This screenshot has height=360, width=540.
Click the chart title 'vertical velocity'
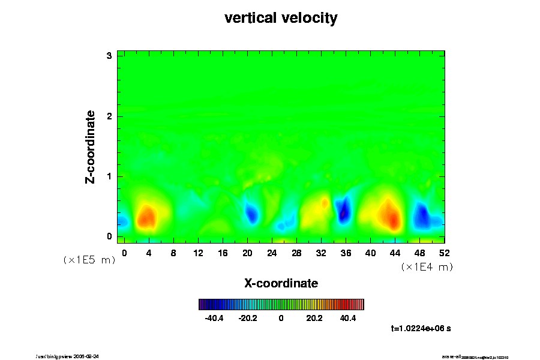[x=281, y=18]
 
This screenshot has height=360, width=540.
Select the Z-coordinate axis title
[x=91, y=146]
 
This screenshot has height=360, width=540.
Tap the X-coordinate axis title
[x=281, y=283]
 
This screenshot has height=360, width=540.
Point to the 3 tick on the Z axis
[x=109, y=56]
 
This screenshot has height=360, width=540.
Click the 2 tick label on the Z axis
[x=109, y=116]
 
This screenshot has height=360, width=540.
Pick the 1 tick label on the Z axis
[x=109, y=176]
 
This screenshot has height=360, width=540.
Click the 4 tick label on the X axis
[x=149, y=253]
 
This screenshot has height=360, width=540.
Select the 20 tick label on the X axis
[x=247, y=253]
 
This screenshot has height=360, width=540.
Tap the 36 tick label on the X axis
[x=346, y=253]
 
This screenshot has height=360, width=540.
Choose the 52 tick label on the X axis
[x=445, y=253]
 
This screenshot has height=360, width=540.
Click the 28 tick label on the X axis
[x=296, y=253]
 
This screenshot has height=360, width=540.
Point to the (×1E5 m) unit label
[x=89, y=260]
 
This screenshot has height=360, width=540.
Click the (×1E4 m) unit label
[x=427, y=267]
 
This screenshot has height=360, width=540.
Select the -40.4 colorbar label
[x=214, y=318]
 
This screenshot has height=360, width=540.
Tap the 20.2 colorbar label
[x=314, y=318]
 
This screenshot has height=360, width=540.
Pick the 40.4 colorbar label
[x=347, y=318]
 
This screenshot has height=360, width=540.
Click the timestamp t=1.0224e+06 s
[x=424, y=329]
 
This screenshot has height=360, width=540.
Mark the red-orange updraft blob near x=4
[x=146, y=216]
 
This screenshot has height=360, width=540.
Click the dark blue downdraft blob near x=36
[x=344, y=211]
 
